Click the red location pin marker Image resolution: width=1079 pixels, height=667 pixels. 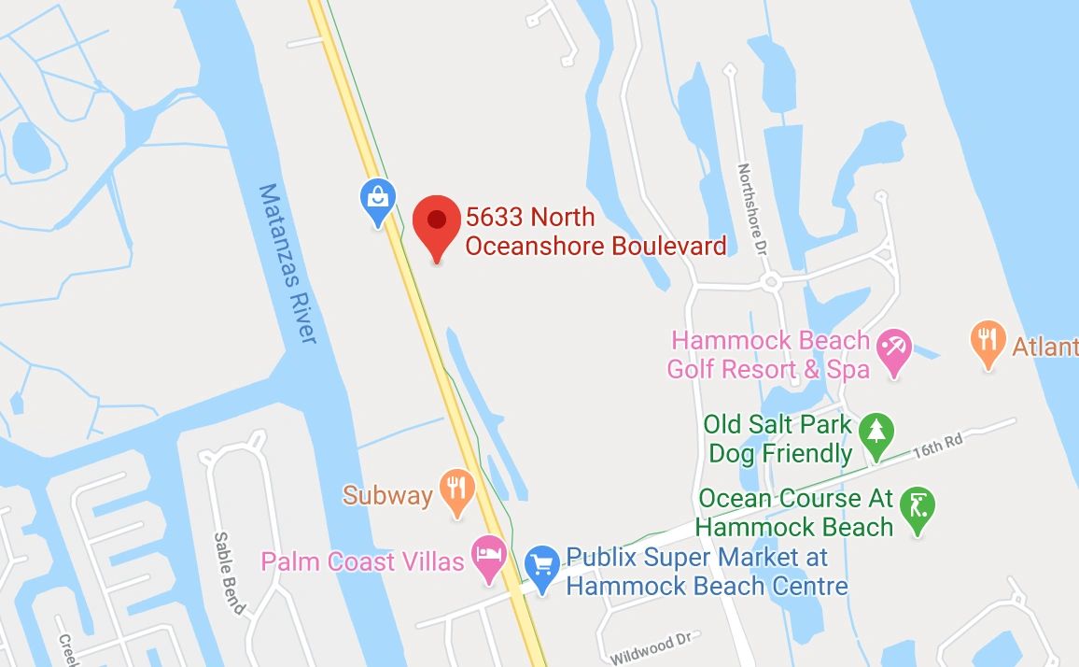pyautogui.click(x=436, y=225)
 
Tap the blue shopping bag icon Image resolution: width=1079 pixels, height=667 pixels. pyautogui.click(x=378, y=200)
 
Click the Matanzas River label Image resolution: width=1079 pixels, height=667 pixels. pyautogui.click(x=287, y=263)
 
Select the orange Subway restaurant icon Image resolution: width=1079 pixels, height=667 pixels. pyautogui.click(x=456, y=490)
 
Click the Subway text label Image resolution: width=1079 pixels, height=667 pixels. pyautogui.click(x=387, y=494)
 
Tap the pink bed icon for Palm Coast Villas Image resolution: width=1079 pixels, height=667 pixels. pyautogui.click(x=489, y=556)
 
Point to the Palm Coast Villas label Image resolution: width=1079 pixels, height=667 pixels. pyautogui.click(x=362, y=561)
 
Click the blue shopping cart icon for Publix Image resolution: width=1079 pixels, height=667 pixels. pyautogui.click(x=541, y=563)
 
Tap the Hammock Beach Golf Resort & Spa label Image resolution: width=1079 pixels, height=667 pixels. pyautogui.click(x=768, y=355)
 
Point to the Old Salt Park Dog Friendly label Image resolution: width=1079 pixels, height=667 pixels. pyautogui.click(x=778, y=439)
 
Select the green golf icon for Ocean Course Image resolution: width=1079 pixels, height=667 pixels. pyautogui.click(x=919, y=509)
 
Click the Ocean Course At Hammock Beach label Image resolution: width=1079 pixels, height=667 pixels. pyautogui.click(x=795, y=513)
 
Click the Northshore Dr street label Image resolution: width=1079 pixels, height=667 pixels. pyautogui.click(x=751, y=210)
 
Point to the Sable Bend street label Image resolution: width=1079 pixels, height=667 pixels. pyautogui.click(x=230, y=573)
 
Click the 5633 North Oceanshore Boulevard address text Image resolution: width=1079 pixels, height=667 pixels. pyautogui.click(x=596, y=232)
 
